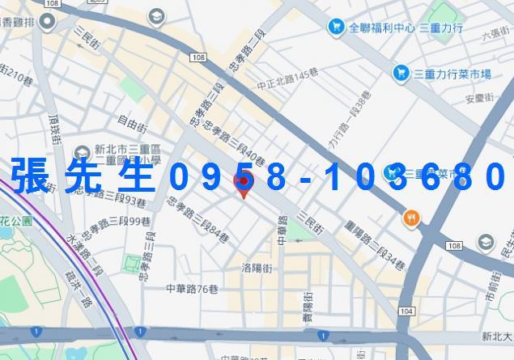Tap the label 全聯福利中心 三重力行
click(394, 28)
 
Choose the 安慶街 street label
click(479, 100)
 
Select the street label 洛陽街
click(256, 268)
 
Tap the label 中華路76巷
click(193, 288)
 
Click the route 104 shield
click(406, 311)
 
